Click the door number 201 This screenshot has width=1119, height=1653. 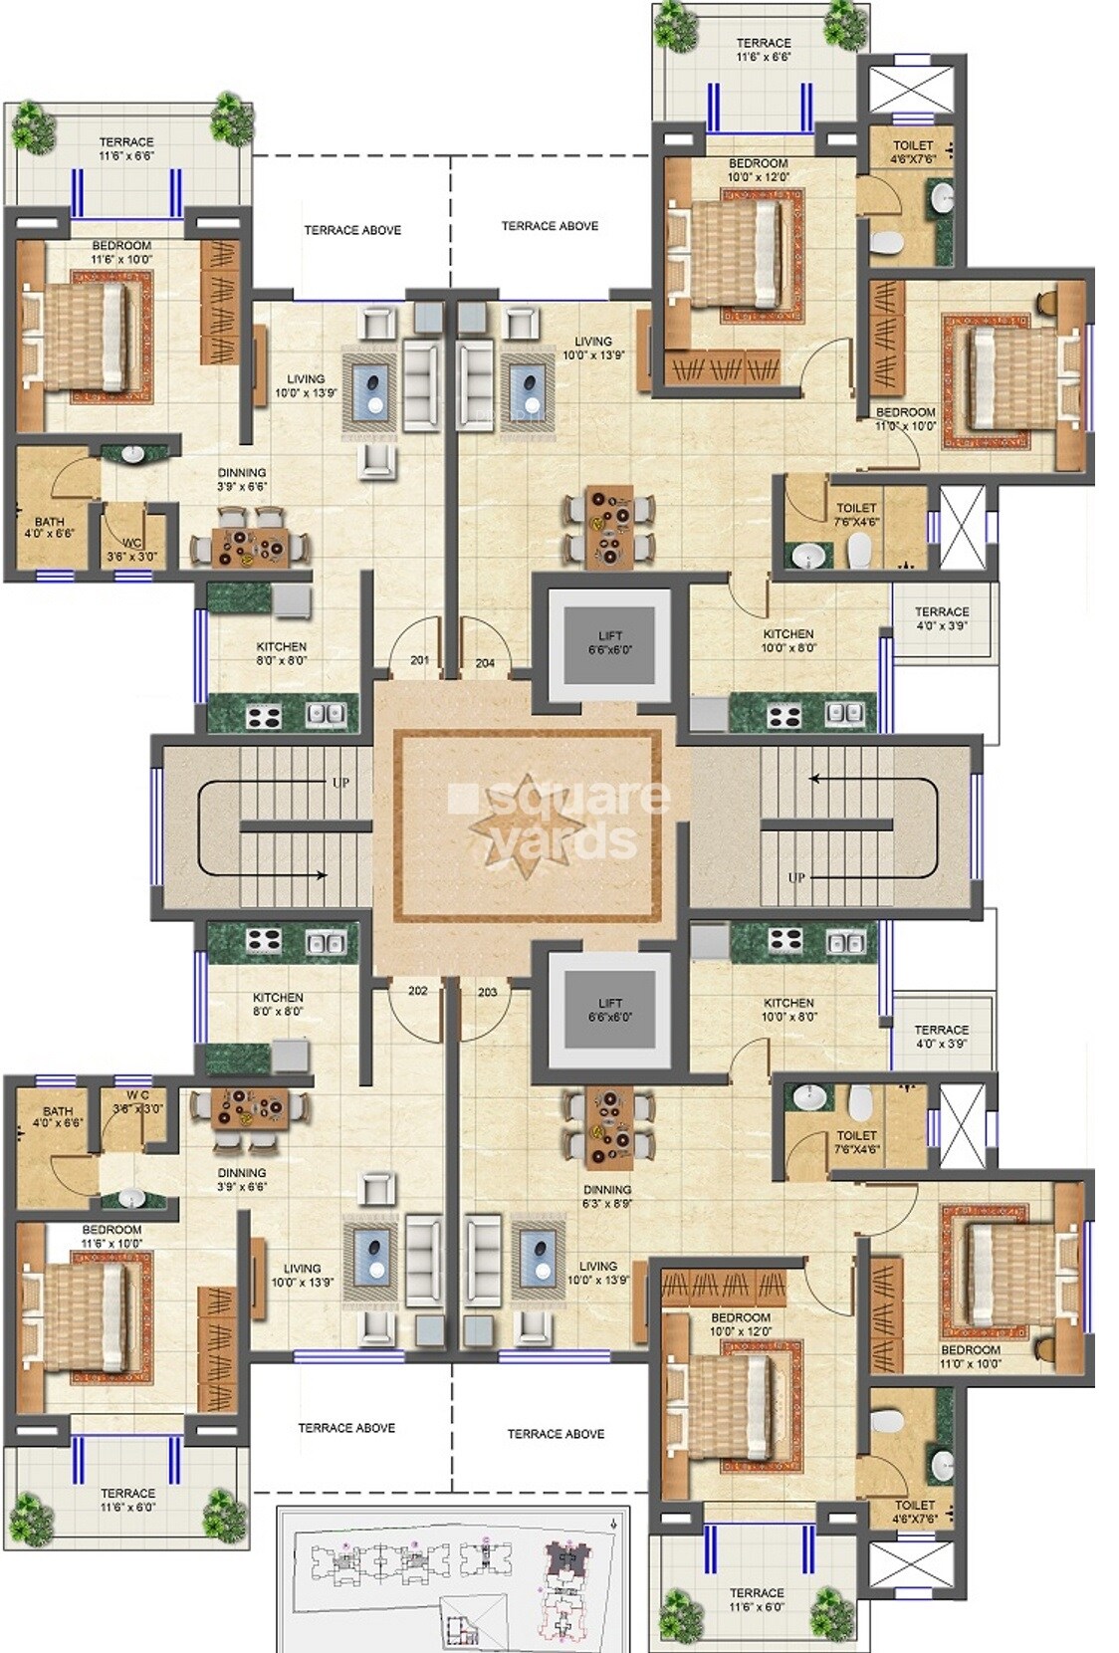pyautogui.click(x=419, y=660)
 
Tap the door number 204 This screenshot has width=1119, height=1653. pyautogui.click(x=485, y=663)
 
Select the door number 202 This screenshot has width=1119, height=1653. pyautogui.click(x=418, y=991)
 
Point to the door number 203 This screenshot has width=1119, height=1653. pyautogui.click(x=487, y=993)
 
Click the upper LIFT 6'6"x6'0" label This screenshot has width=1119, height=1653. pyautogui.click(x=610, y=642)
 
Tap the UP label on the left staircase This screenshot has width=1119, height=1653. pyautogui.click(x=340, y=783)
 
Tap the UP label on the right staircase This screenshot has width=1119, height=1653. pyautogui.click(x=796, y=877)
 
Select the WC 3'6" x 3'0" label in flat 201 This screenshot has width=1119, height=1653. pyautogui.click(x=131, y=550)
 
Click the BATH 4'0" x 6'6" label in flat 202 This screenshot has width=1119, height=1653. pyautogui.click(x=57, y=1116)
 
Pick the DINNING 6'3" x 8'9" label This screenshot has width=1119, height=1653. pyautogui.click(x=607, y=1196)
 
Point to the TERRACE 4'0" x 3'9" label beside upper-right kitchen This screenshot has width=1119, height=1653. pyautogui.click(x=941, y=618)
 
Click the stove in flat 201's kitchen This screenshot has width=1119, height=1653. pyautogui.click(x=264, y=714)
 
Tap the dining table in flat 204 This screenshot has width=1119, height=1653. pyautogui.click(x=610, y=528)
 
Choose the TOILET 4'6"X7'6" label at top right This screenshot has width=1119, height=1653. pyautogui.click(x=913, y=151)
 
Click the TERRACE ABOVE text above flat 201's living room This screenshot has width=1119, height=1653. pyautogui.click(x=352, y=230)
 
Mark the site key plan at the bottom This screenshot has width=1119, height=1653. pyautogui.click(x=453, y=1577)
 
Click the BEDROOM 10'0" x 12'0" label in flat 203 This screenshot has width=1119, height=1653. pyautogui.click(x=741, y=1323)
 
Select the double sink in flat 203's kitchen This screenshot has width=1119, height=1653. pyautogui.click(x=845, y=941)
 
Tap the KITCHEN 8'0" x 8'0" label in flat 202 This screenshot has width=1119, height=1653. pyautogui.click(x=278, y=1004)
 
